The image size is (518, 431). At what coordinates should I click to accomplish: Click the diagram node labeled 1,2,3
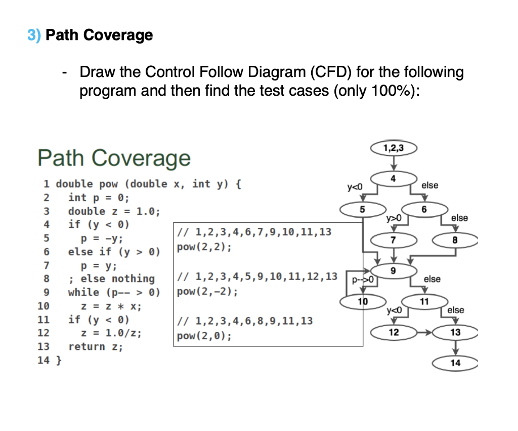click(394, 148)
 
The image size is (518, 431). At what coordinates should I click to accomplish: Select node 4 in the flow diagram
click(393, 178)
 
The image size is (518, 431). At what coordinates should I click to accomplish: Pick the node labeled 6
click(424, 209)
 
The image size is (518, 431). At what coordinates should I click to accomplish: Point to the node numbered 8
click(455, 241)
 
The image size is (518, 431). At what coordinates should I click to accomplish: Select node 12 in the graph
click(394, 333)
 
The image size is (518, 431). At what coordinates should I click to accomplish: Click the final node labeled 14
click(455, 363)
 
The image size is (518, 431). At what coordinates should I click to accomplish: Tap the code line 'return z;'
click(96, 347)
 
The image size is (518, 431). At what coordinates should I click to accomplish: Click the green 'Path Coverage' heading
click(114, 158)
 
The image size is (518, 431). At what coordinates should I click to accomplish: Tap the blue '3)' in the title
click(34, 35)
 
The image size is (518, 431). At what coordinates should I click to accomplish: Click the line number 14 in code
click(43, 361)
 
